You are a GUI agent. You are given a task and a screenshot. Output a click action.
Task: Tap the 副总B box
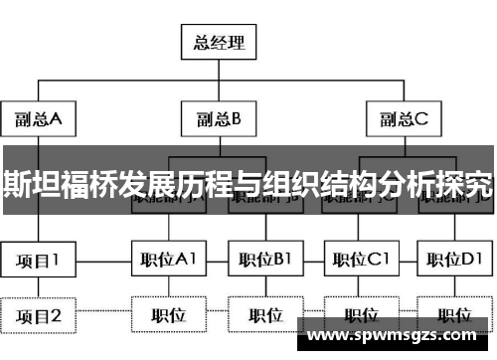coord(218,120)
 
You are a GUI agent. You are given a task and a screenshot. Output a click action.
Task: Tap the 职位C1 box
coord(359,261)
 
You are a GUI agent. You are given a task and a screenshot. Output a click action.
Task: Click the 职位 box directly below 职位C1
coord(359,316)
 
